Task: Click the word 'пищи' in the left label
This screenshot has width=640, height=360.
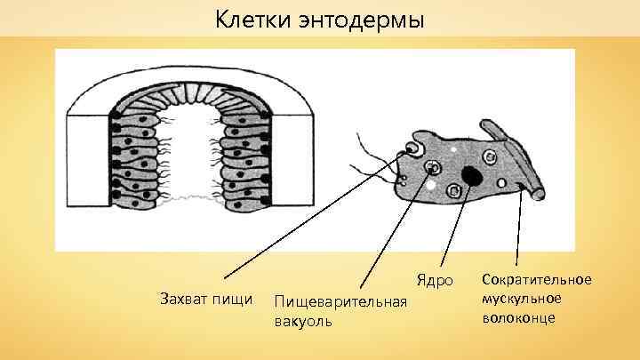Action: (x=234, y=294)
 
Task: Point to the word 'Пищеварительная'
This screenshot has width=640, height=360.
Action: (x=340, y=303)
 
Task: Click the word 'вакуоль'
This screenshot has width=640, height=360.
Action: (x=303, y=321)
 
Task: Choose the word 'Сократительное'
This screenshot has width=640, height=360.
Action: (x=536, y=280)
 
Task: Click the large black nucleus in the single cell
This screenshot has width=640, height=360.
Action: (x=472, y=175)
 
